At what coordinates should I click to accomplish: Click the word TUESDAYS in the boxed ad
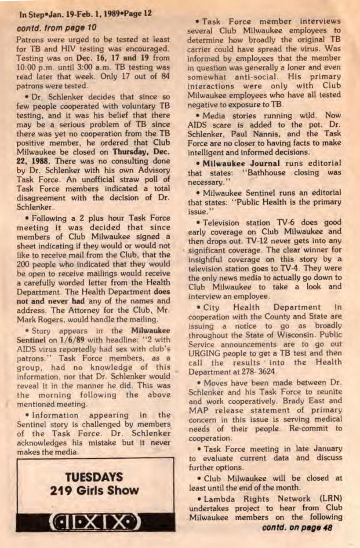click(94, 477)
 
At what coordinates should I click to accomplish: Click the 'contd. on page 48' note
click(297, 527)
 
